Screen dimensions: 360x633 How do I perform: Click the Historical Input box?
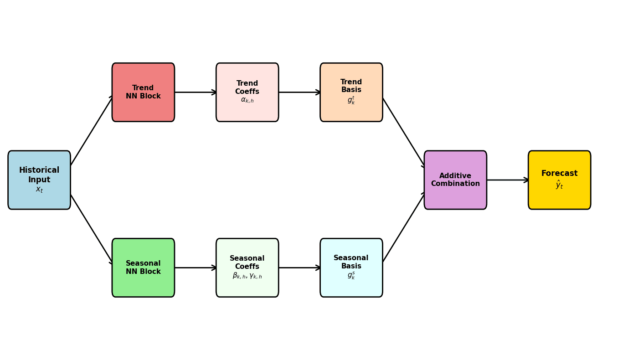[x=39, y=180]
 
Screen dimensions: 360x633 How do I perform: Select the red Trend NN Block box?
[x=143, y=92]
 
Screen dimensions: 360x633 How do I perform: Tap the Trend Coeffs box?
[x=247, y=92]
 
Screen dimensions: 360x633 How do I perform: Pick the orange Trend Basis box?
[x=351, y=92]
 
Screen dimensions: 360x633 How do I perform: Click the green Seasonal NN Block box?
[x=143, y=267]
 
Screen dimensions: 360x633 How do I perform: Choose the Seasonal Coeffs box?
[x=247, y=267]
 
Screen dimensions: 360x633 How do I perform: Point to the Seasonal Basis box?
[x=351, y=267]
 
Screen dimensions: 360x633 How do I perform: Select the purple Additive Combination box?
[x=455, y=180]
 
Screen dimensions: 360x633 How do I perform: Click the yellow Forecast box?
[x=559, y=180]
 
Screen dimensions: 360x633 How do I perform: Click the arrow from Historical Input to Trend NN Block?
[x=92, y=130]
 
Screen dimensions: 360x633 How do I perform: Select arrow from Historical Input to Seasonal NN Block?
[x=92, y=229]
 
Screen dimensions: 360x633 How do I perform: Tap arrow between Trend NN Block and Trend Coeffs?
[x=195, y=92]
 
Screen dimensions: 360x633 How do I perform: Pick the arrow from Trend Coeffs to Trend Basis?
[x=299, y=92]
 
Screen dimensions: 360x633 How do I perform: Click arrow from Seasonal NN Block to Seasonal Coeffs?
[x=195, y=267]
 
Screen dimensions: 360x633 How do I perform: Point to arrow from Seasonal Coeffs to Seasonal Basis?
[x=299, y=267]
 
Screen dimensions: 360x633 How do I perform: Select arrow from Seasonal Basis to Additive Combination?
[x=404, y=227]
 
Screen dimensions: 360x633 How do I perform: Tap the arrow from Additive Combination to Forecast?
[x=507, y=180]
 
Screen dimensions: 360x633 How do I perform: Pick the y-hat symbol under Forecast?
[x=559, y=185]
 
